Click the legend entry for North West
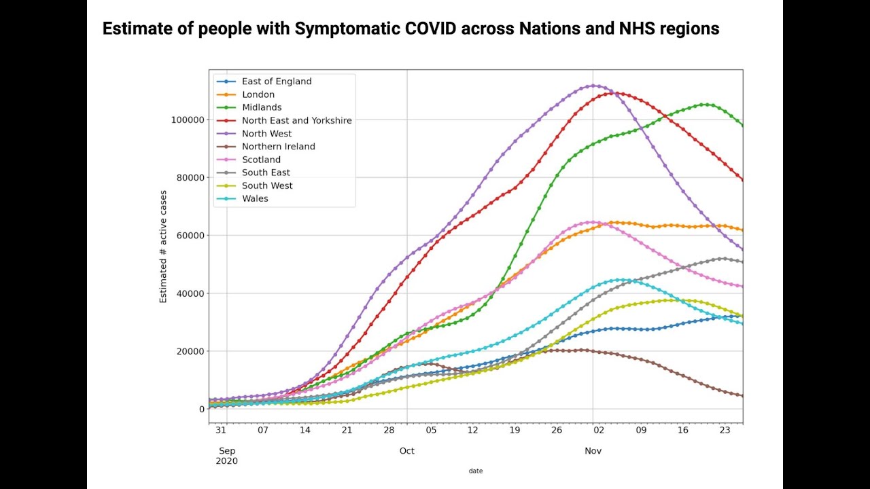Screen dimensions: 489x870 [266, 134]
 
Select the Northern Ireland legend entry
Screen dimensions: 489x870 [278, 147]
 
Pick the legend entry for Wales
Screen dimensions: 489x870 [255, 198]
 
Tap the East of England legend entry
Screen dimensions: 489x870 [276, 81]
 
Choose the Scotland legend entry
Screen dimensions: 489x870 [261, 160]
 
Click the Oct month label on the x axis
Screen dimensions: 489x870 [407, 451]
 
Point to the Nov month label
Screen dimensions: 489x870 [593, 451]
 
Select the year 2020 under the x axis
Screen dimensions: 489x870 [228, 461]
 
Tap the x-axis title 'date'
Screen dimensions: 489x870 [476, 471]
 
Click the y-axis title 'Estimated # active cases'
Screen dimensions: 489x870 [163, 246]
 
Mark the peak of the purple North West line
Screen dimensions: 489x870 [593, 86]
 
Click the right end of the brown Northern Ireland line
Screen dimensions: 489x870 [742, 396]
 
